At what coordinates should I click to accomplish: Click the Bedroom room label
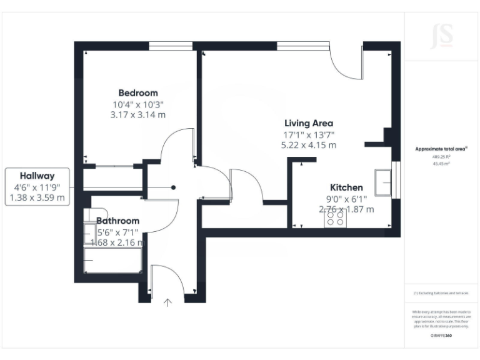pyautogui.click(x=138, y=92)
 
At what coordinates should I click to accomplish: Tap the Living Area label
pyautogui.click(x=309, y=123)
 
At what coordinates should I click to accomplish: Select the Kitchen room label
pyautogui.click(x=346, y=187)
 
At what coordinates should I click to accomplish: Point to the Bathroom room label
pyautogui.click(x=117, y=221)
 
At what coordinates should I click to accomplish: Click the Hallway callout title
pyautogui.click(x=37, y=176)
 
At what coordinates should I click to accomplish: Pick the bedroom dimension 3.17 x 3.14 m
pyautogui.click(x=138, y=115)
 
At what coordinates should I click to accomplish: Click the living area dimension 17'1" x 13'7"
pyautogui.click(x=309, y=134)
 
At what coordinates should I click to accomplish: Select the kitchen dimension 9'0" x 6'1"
pyautogui.click(x=346, y=199)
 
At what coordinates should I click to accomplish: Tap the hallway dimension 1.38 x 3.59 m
pyautogui.click(x=37, y=197)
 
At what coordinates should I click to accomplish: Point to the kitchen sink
pyautogui.click(x=383, y=182)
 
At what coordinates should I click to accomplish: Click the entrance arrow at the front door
pyautogui.click(x=167, y=303)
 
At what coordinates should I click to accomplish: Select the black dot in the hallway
pyautogui.click(x=174, y=187)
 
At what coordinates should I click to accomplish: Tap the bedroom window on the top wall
pyautogui.click(x=170, y=45)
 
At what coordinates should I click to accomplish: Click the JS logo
pyautogui.click(x=442, y=37)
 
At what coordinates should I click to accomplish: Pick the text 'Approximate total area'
pyautogui.click(x=441, y=149)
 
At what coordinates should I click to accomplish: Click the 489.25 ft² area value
pyautogui.click(x=441, y=157)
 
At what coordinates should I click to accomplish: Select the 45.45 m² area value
pyautogui.click(x=441, y=164)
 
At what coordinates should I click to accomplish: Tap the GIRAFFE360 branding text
pyautogui.click(x=441, y=336)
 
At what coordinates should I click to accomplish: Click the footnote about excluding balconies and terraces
pyautogui.click(x=441, y=292)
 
